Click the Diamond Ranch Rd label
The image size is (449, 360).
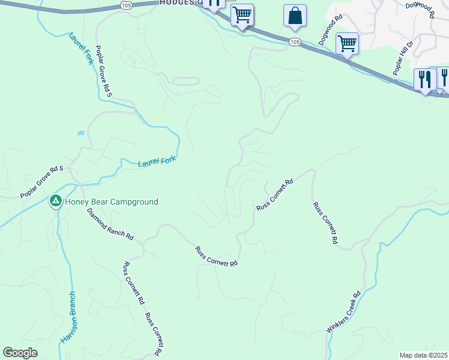coord(110,224)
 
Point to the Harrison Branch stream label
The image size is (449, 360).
coord(68,317)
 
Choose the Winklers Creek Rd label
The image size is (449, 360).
coord(343,313)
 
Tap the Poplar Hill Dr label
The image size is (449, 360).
coord(403,58)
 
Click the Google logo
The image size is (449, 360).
coord(20,353)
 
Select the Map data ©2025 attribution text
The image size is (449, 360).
coord(423,355)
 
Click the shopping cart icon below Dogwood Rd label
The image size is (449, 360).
coord(347,43)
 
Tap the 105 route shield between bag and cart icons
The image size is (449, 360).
coord(294,41)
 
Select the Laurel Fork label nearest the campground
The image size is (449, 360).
coord(157,162)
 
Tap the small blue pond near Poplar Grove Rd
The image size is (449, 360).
coord(80,133)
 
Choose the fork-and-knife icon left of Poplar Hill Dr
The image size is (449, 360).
coord(424,80)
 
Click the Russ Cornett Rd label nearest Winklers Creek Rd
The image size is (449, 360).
coord(325,223)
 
